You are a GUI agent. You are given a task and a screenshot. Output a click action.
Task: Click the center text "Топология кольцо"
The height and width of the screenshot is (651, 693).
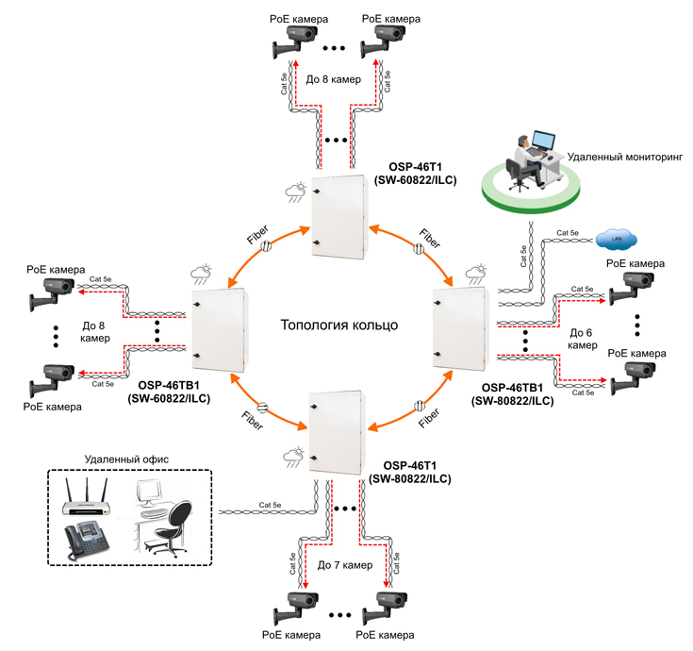(x=339, y=325)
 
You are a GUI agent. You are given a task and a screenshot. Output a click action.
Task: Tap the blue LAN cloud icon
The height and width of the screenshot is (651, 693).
(x=618, y=236)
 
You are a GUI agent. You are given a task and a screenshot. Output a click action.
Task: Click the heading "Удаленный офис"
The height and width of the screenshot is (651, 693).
(x=127, y=459)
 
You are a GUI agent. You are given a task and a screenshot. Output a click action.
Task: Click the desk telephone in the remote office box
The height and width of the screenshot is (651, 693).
(x=86, y=542)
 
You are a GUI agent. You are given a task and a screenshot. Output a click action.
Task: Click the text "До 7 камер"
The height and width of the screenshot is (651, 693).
(x=345, y=565)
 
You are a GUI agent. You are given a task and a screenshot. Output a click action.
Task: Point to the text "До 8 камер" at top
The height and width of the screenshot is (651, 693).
(x=333, y=80)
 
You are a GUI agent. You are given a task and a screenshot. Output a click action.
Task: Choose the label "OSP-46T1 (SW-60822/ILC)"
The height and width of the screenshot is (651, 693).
(x=416, y=172)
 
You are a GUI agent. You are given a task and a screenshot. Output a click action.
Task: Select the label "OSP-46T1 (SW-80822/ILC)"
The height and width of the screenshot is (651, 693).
(x=410, y=473)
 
